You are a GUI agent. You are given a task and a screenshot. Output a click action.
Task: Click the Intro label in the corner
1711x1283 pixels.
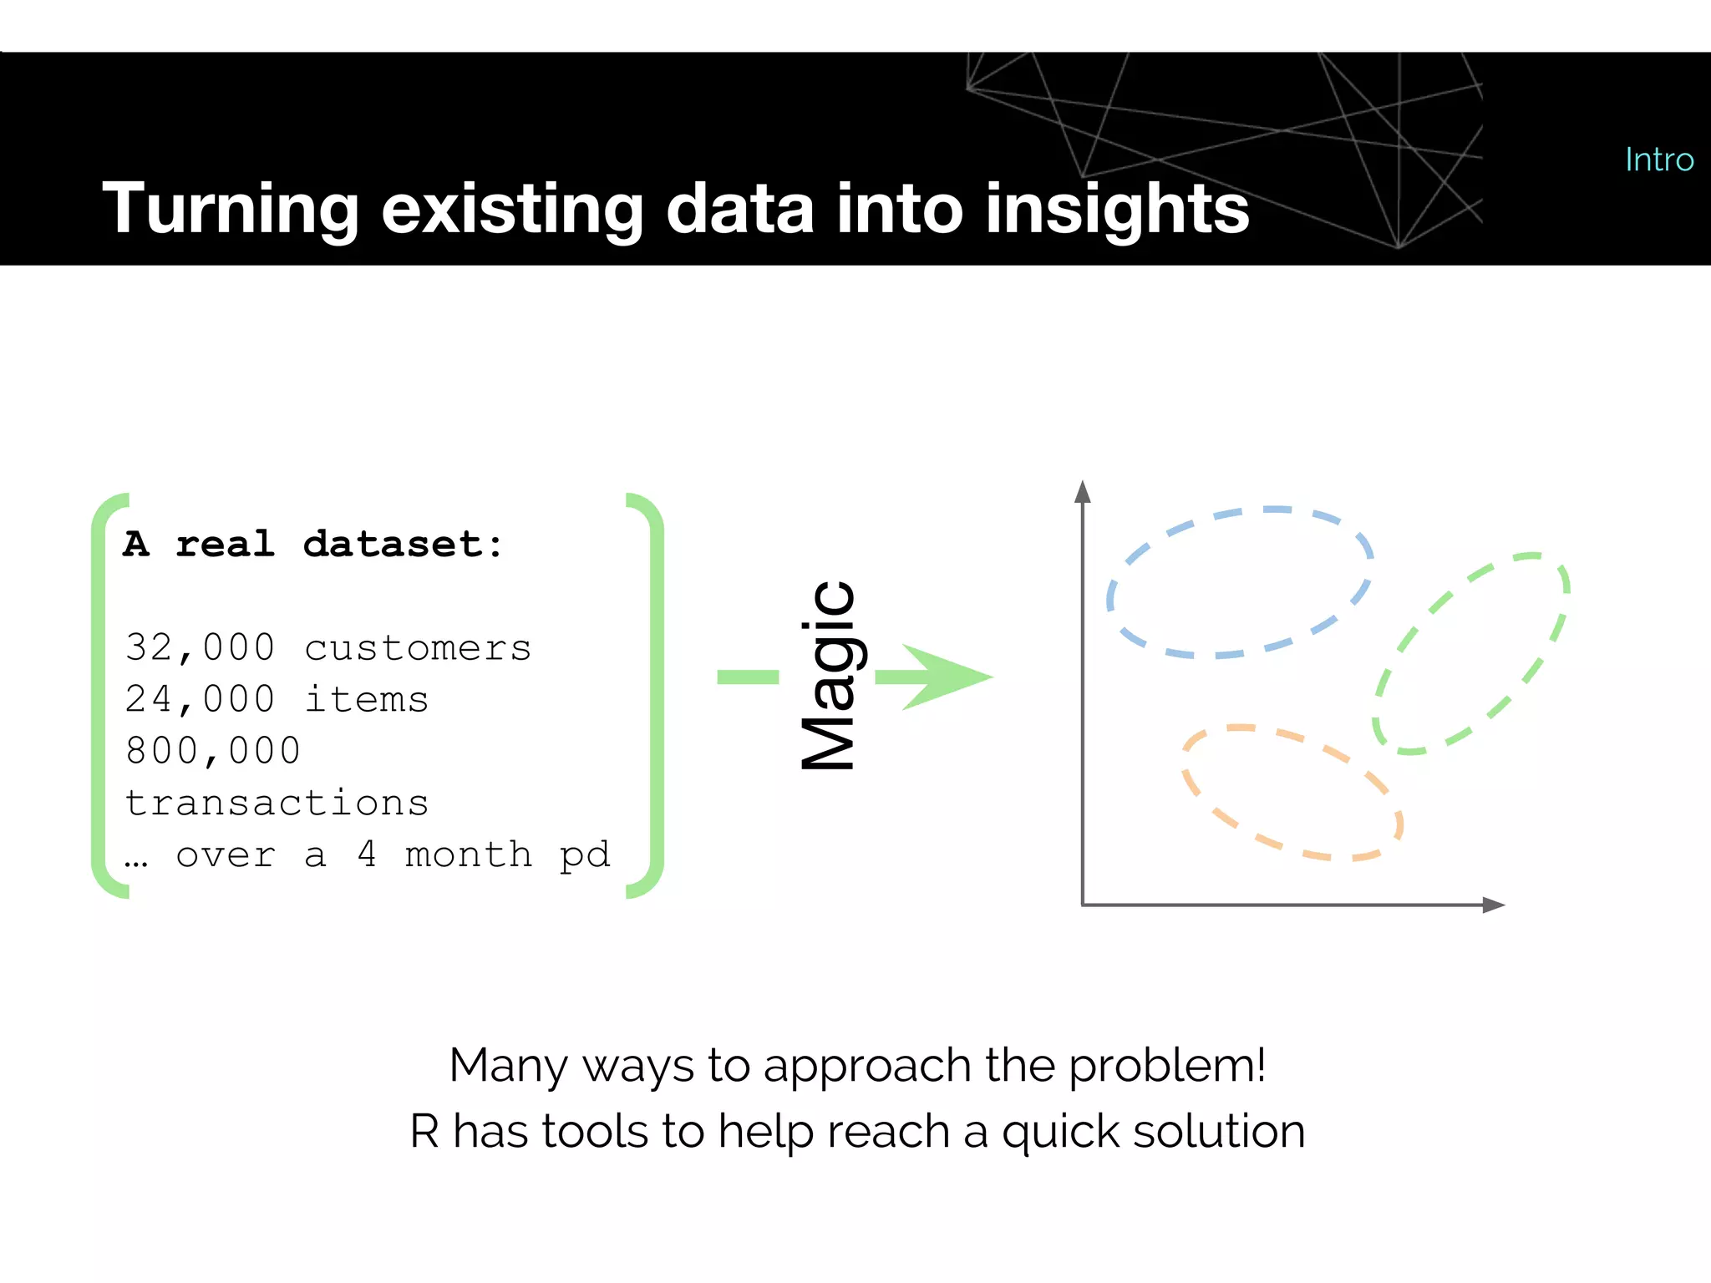(x=1658, y=160)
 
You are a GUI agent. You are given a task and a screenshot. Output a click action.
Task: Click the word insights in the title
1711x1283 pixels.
(x=1116, y=209)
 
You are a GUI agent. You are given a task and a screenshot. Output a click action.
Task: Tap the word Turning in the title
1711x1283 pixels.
(x=231, y=209)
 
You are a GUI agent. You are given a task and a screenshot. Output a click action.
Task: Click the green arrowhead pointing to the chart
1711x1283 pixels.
(x=944, y=677)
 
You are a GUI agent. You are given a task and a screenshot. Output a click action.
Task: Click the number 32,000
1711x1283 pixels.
(x=200, y=648)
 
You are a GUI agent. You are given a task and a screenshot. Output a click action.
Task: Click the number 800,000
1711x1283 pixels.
(x=212, y=751)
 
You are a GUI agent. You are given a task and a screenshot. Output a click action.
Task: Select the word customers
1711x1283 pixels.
(x=418, y=648)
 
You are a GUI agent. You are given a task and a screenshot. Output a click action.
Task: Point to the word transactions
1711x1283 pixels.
(x=277, y=804)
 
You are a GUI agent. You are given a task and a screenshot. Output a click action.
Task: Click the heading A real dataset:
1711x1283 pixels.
(x=313, y=545)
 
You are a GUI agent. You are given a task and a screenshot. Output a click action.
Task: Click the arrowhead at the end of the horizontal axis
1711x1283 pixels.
(x=1493, y=905)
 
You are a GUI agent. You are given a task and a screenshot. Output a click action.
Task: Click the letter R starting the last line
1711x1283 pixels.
(x=424, y=1132)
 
